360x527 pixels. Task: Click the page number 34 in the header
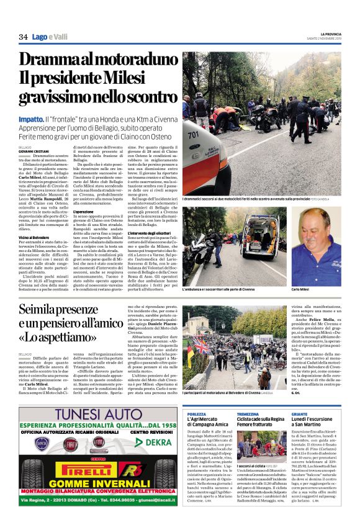pos(23,37)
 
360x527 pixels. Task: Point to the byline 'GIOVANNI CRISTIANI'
pos(33,151)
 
